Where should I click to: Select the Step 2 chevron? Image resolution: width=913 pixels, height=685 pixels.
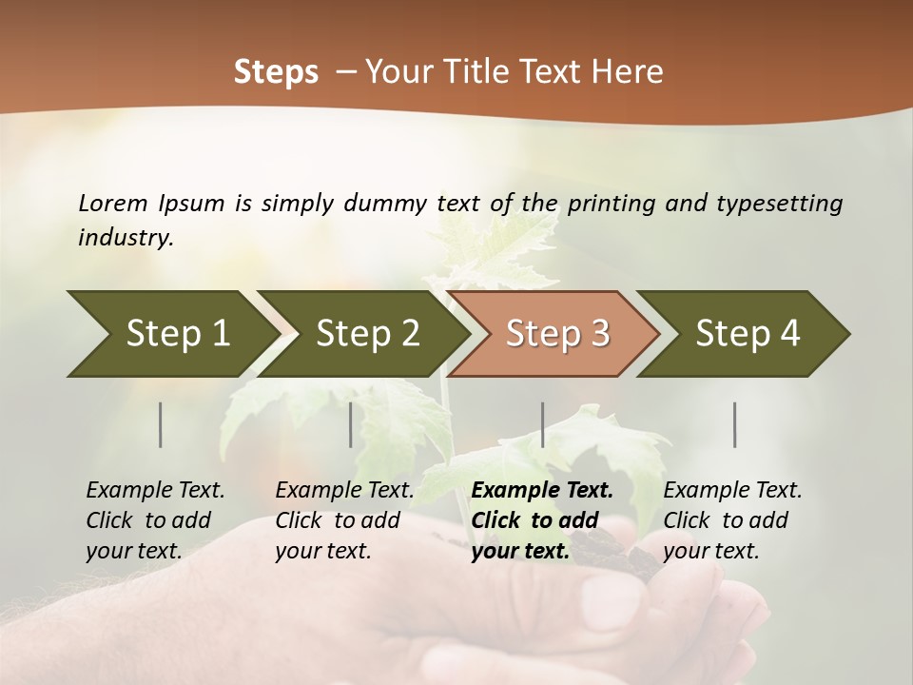tap(367, 334)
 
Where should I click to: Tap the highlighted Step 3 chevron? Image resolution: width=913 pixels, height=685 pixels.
tap(557, 334)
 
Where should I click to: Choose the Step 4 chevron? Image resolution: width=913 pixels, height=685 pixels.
tap(748, 334)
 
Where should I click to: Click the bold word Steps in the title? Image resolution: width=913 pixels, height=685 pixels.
tap(276, 71)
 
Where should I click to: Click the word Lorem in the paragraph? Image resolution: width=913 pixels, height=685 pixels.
tap(113, 203)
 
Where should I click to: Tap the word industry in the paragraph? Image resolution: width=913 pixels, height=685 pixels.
tap(125, 238)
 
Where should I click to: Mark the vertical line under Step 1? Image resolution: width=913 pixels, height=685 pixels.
tap(161, 424)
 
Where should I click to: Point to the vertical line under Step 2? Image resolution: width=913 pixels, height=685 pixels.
tap(351, 424)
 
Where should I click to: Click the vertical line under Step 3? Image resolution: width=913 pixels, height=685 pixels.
tap(542, 424)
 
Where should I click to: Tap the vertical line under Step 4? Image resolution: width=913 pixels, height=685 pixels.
tap(734, 424)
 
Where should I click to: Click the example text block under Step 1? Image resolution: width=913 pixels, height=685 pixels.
tap(155, 520)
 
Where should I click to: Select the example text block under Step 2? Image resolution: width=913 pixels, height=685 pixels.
tap(344, 520)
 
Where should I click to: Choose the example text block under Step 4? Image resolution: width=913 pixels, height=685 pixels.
tap(732, 520)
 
